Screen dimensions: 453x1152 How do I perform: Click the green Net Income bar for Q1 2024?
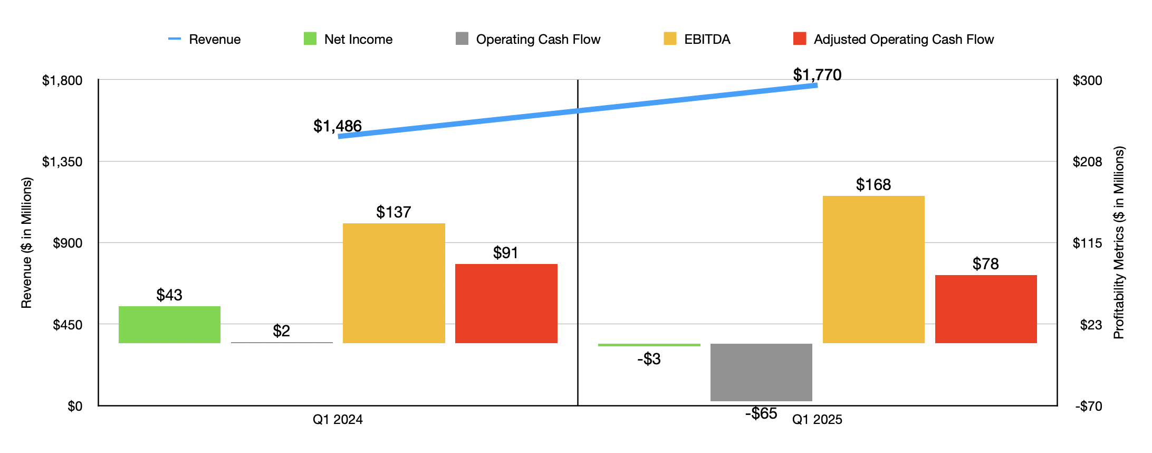(x=169, y=325)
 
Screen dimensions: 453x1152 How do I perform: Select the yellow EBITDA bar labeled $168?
(x=873, y=269)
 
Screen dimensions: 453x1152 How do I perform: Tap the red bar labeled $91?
(x=506, y=304)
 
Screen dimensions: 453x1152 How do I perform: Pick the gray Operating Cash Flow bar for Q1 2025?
(x=761, y=372)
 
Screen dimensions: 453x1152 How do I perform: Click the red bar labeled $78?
(x=986, y=309)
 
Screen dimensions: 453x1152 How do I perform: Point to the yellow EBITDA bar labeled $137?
(x=393, y=283)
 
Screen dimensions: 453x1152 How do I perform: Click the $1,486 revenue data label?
(x=337, y=126)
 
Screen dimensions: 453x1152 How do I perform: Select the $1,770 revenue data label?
(x=817, y=74)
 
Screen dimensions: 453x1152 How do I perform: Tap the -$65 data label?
(x=761, y=413)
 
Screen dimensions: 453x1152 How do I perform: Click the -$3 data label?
(x=649, y=359)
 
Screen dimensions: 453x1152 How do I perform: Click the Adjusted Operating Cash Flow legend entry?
(x=894, y=39)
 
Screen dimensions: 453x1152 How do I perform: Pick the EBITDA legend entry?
(x=697, y=39)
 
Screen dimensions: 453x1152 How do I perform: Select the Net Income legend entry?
(x=348, y=39)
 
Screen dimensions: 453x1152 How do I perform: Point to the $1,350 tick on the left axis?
(x=62, y=162)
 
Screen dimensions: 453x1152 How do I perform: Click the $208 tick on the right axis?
(x=1087, y=162)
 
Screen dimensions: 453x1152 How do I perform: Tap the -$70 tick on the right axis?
(x=1088, y=406)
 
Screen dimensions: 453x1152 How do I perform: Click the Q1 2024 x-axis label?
(x=338, y=419)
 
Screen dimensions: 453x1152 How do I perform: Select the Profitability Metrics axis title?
(x=1119, y=242)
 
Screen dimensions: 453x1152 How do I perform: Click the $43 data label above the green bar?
(x=169, y=295)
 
